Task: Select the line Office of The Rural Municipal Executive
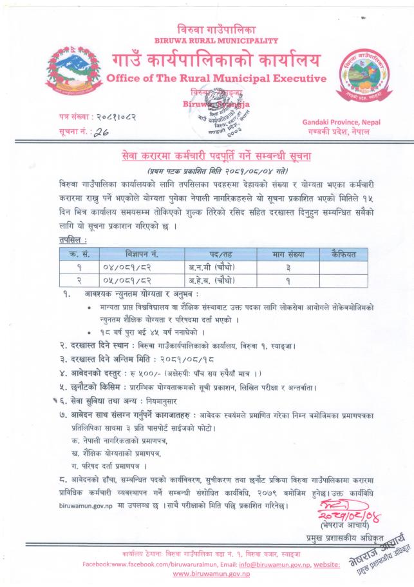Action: [207, 79]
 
